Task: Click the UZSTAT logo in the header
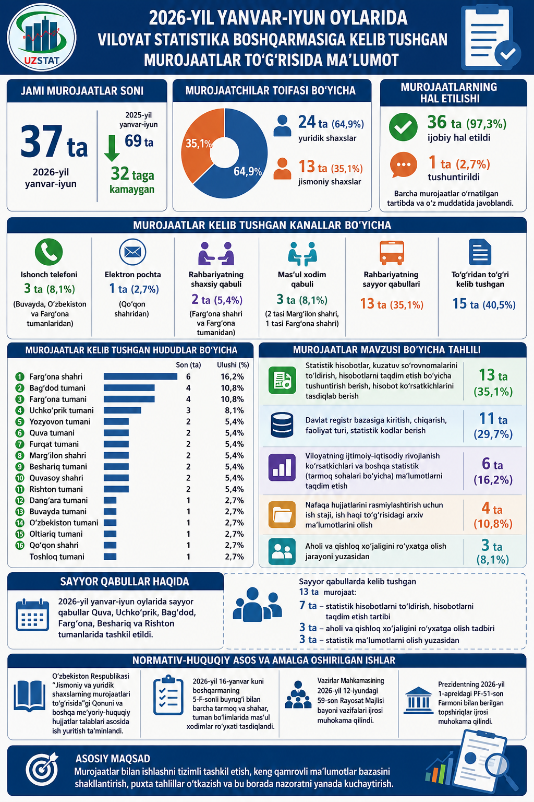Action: (42, 38)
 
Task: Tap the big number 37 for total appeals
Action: (42, 141)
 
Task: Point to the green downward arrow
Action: (112, 148)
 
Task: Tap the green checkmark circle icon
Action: (403, 127)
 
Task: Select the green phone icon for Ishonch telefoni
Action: (48, 252)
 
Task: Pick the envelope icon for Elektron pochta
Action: (132, 252)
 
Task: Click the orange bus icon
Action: (392, 253)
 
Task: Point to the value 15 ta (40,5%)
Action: (484, 304)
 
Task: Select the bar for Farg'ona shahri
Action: (141, 376)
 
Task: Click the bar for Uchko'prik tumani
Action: (123, 410)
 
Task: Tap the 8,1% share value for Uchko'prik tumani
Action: (235, 410)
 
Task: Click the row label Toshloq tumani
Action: (57, 557)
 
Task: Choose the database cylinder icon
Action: (282, 425)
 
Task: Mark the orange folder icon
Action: (282, 515)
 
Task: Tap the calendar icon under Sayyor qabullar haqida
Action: (32, 615)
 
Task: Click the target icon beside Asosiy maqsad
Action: (42, 769)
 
